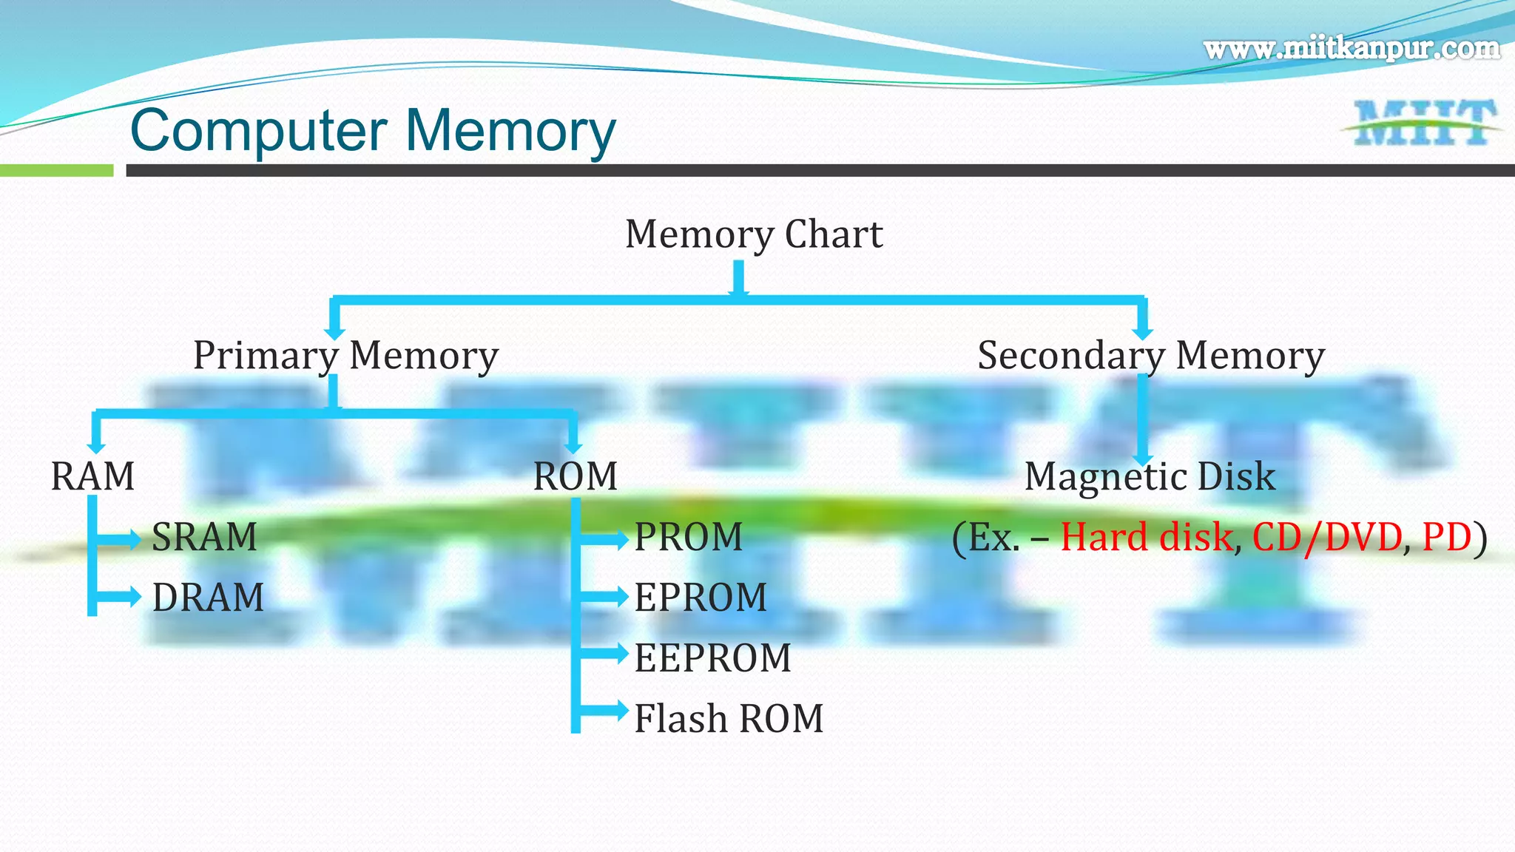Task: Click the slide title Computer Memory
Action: tap(373, 131)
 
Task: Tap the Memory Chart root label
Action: tap(753, 234)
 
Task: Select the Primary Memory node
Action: tap(345, 356)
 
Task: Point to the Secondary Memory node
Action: tap(1150, 356)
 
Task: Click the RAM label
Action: tap(92, 476)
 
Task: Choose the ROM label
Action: tap(575, 476)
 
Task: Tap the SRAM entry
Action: tap(204, 537)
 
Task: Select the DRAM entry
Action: tap(208, 598)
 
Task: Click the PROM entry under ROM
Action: tap(688, 537)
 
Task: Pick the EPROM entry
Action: tap(701, 598)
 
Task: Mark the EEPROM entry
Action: tap(712, 658)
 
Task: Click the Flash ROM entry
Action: tap(729, 719)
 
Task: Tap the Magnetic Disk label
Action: tap(1150, 476)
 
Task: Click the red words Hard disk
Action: tap(1146, 537)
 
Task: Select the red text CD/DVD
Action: tap(1327, 537)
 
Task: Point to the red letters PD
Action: tap(1446, 537)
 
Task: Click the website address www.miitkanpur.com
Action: tap(1352, 49)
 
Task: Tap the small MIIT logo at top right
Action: tap(1423, 123)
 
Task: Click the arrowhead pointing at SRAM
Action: tap(134, 539)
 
